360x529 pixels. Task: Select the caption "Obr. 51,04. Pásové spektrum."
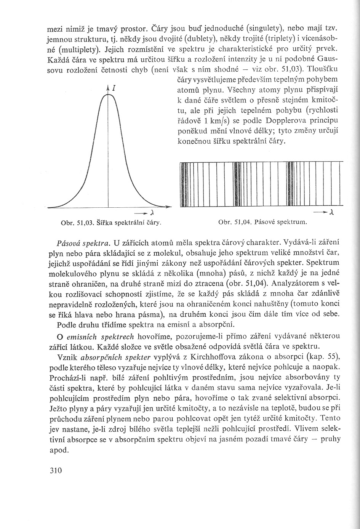[x=263, y=222]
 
